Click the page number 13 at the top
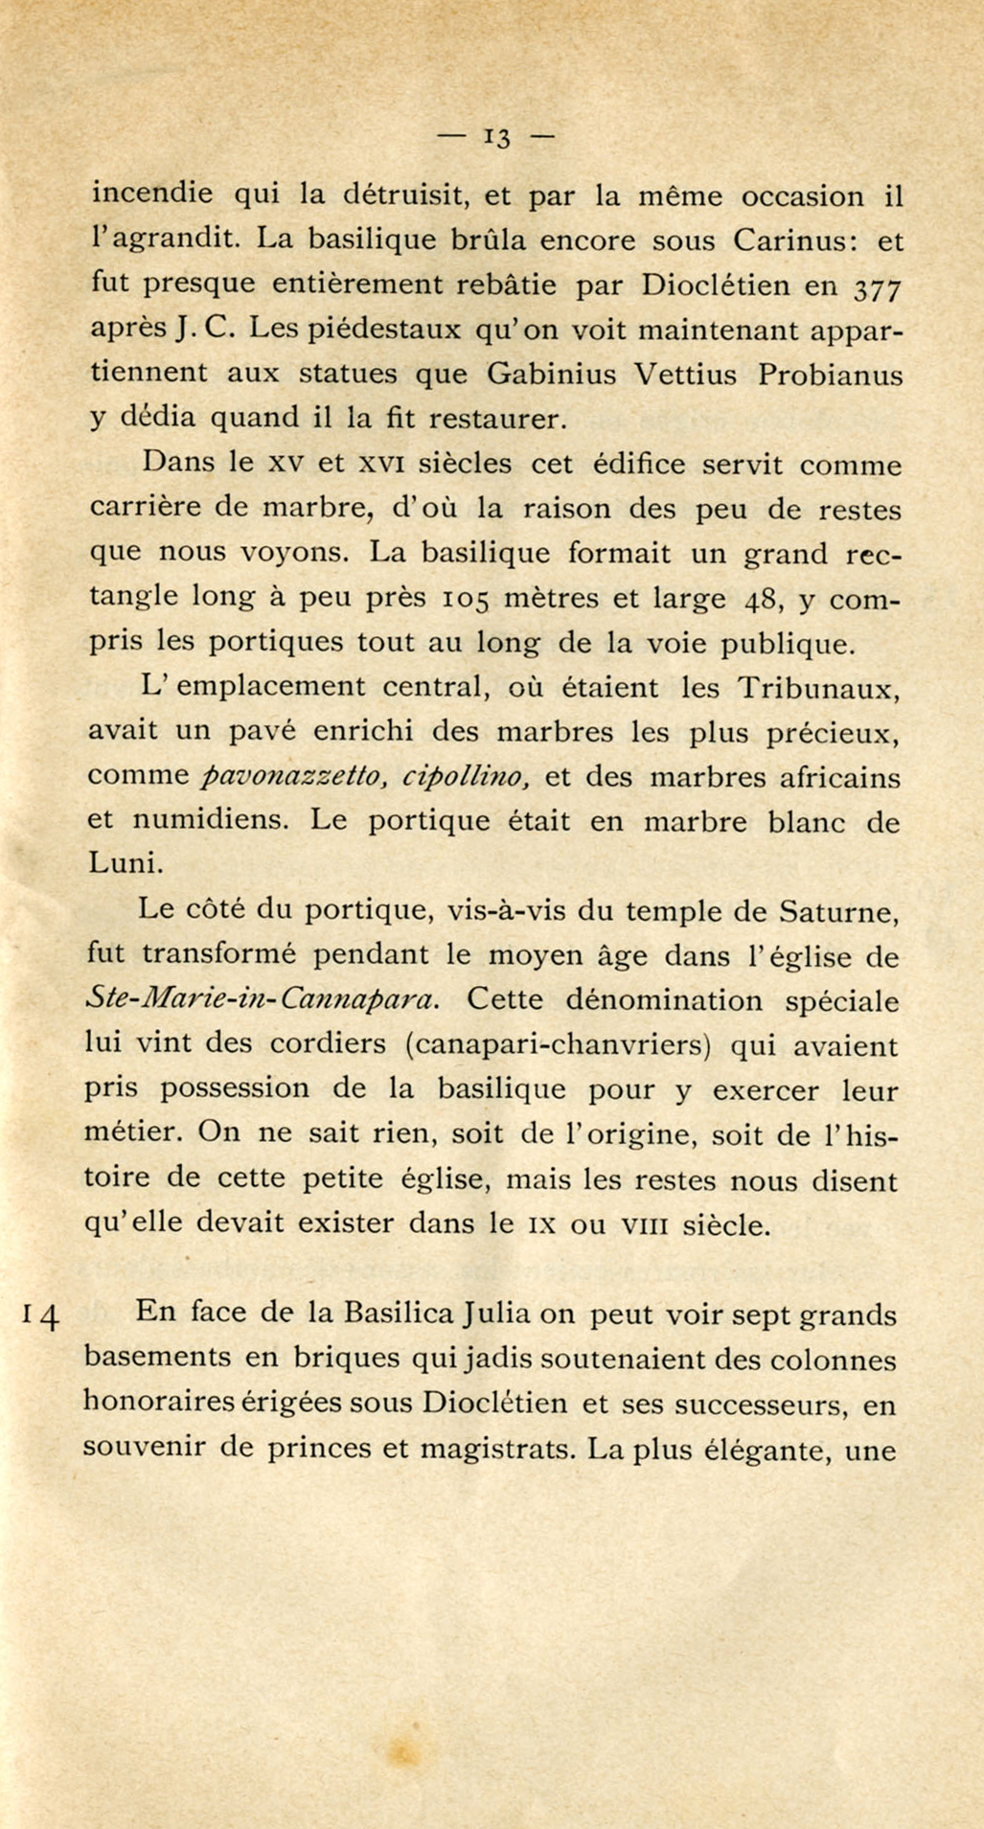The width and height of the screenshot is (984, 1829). (x=497, y=137)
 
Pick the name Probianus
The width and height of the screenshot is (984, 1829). (x=830, y=375)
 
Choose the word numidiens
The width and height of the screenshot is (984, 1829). (x=208, y=821)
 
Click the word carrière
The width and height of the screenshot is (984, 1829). (x=149, y=509)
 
